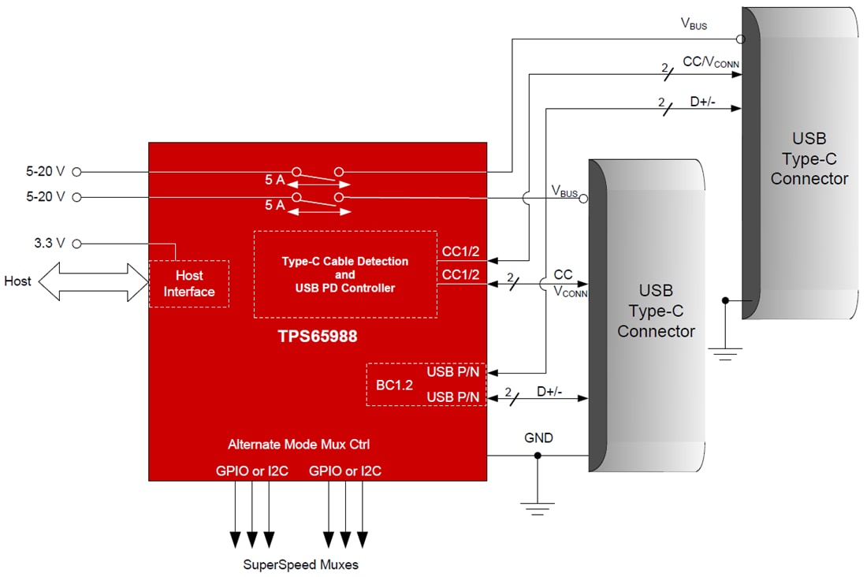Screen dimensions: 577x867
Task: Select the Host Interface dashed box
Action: pyautogui.click(x=189, y=284)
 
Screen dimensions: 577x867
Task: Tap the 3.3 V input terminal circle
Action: pyautogui.click(x=77, y=244)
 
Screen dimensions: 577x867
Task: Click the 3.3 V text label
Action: pyautogui.click(x=49, y=244)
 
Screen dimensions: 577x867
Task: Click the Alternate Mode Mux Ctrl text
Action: pyautogui.click(x=299, y=445)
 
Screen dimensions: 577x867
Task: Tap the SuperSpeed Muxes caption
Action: pyautogui.click(x=300, y=564)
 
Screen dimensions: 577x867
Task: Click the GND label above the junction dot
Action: pyautogui.click(x=538, y=437)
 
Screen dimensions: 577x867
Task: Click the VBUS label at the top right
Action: pyautogui.click(x=694, y=24)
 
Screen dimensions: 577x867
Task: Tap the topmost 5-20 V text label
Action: pyautogui.click(x=45, y=171)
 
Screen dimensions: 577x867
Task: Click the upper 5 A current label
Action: pyautogui.click(x=274, y=179)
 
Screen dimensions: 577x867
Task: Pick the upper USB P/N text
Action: pyautogui.click(x=453, y=372)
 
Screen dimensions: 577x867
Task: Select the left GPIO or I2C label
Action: pyautogui.click(x=253, y=471)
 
